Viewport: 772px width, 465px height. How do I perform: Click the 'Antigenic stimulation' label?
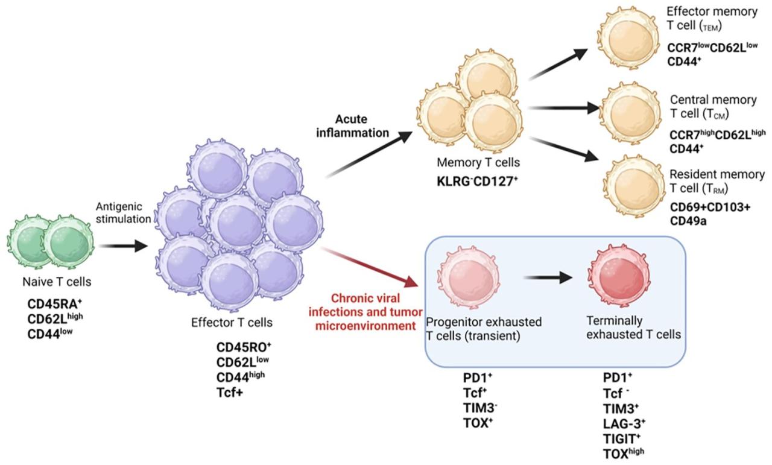coord(123,212)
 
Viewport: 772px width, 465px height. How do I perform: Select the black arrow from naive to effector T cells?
coord(123,245)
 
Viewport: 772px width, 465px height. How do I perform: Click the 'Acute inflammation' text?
coord(353,126)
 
